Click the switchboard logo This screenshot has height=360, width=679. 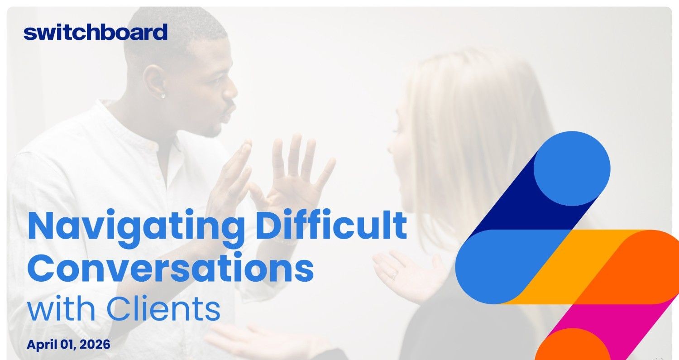(96, 32)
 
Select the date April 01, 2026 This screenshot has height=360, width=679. (68, 345)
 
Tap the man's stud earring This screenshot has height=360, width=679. (163, 96)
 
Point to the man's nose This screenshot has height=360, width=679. (231, 90)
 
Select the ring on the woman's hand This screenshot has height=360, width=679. (394, 275)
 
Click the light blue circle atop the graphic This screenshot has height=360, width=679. (572, 168)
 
